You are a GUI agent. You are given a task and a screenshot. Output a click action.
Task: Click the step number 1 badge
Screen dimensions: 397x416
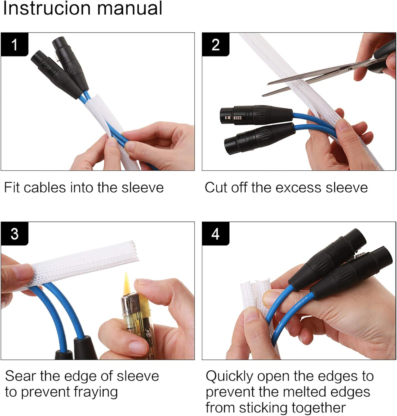tap(14, 44)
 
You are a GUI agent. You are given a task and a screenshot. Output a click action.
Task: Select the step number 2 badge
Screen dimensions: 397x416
tap(216, 44)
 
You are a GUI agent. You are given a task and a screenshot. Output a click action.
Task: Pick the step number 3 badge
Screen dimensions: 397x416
tap(14, 234)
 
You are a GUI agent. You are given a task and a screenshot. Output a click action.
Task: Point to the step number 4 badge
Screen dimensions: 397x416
tap(216, 234)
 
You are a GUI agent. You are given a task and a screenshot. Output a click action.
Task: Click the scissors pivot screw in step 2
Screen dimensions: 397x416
tap(349, 69)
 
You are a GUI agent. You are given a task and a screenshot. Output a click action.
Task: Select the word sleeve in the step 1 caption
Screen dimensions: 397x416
tap(143, 188)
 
